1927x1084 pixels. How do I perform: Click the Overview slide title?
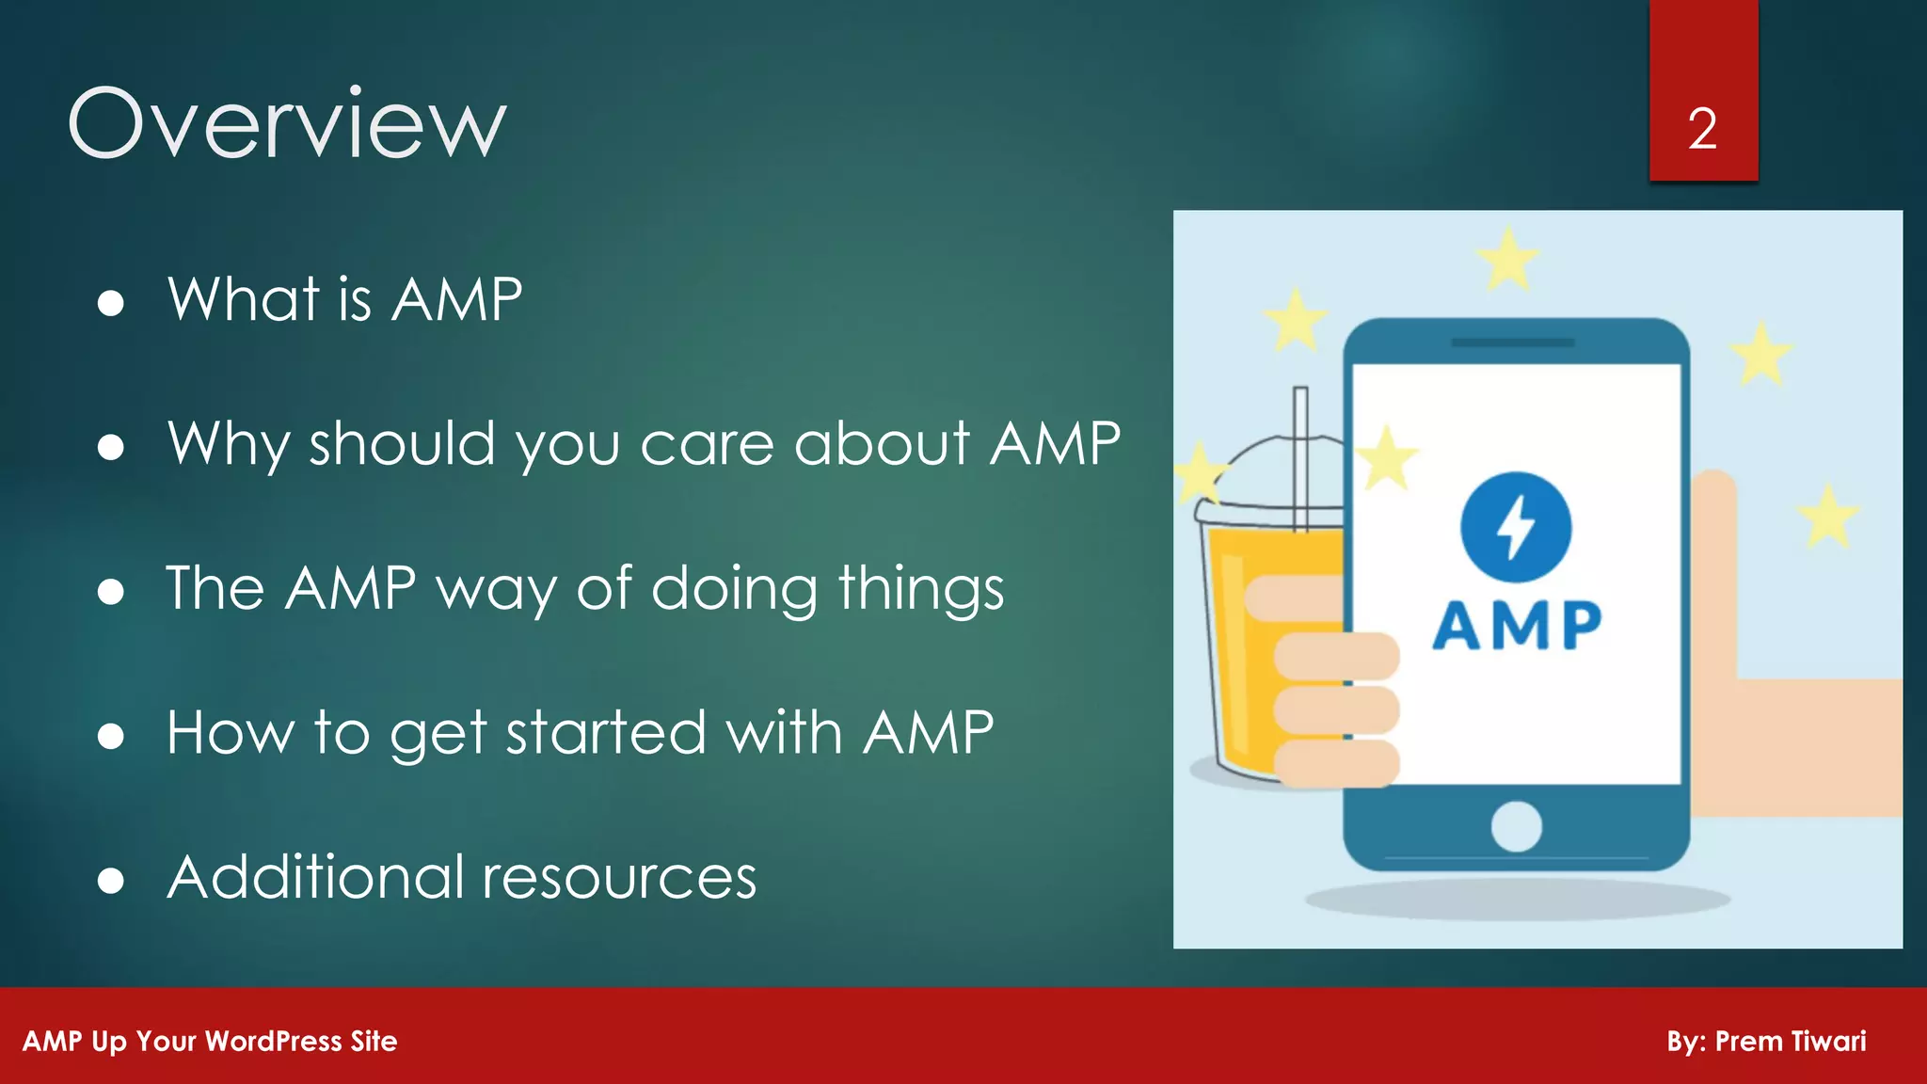point(287,123)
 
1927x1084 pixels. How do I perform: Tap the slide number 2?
point(1702,129)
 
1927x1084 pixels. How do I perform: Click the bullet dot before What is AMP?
point(111,303)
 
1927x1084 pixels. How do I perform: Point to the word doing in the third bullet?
point(734,590)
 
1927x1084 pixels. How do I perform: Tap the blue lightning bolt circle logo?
point(1515,527)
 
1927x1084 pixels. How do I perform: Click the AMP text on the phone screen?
point(1516,625)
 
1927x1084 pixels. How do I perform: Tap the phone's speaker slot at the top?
point(1513,343)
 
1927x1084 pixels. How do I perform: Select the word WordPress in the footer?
point(273,1042)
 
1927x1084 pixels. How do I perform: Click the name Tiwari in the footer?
point(1828,1042)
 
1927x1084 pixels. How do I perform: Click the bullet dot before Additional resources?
point(111,881)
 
